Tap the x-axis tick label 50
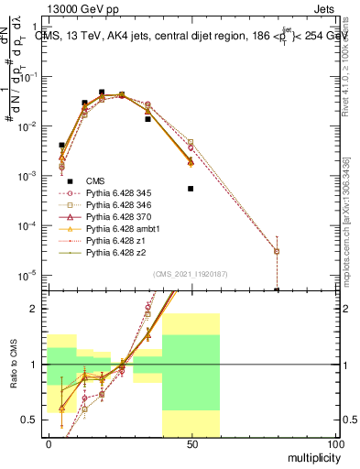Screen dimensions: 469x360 pos(191,444)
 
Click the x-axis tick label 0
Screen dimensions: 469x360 pos(49,444)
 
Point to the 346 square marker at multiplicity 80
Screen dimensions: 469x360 pos(277,251)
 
